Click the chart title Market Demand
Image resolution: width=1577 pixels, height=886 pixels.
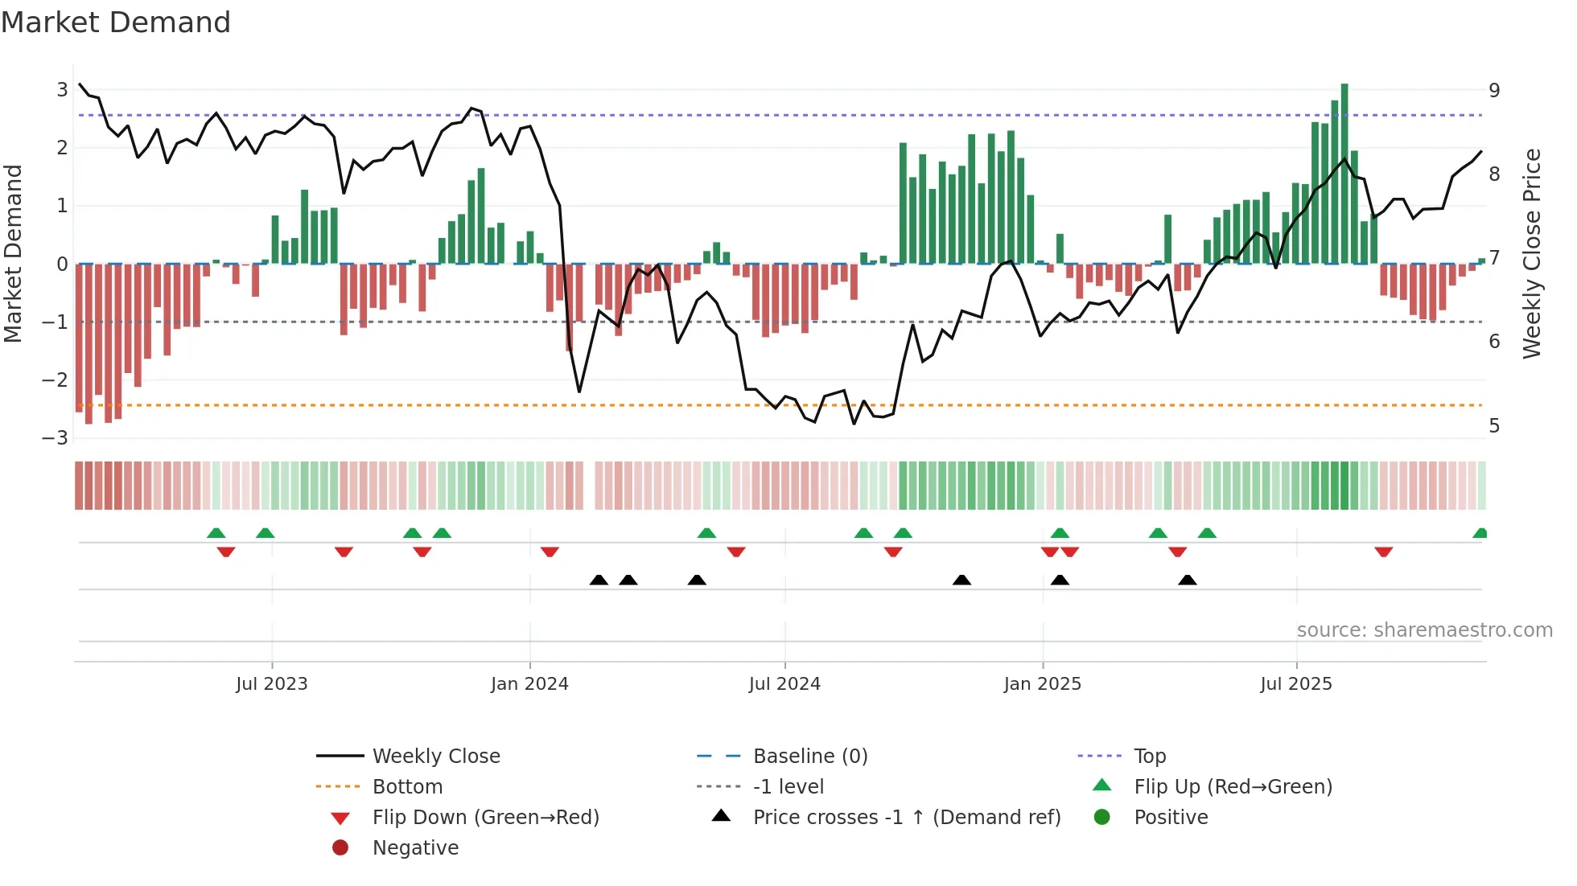(x=116, y=23)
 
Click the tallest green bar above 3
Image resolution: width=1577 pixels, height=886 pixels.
(x=1344, y=173)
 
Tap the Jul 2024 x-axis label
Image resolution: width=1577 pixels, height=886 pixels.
(x=784, y=683)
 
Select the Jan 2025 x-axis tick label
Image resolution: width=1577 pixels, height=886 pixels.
(x=1042, y=683)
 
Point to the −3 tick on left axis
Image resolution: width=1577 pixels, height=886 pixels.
(x=55, y=438)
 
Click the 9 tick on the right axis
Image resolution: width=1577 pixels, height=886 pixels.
(x=1494, y=90)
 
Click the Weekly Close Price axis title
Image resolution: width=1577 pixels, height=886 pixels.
(x=1532, y=253)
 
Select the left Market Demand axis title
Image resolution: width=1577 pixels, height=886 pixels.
(x=13, y=253)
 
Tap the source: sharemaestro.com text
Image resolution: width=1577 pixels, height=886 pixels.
(x=1424, y=630)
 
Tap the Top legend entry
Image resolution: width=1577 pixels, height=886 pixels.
(x=1149, y=756)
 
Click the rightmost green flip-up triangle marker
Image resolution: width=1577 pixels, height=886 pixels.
(x=1480, y=533)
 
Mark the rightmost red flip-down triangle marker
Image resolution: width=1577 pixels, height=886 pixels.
(x=1383, y=552)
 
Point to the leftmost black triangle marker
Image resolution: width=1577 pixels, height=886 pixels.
(x=599, y=580)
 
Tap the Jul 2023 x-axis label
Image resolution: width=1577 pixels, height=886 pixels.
(x=271, y=683)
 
